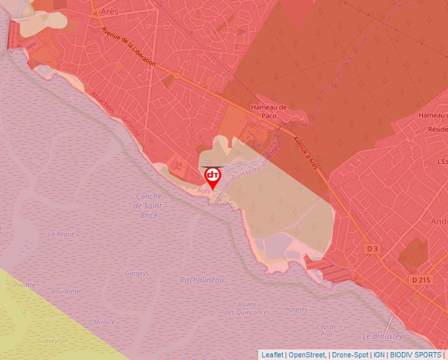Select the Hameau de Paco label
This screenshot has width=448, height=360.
[270, 111]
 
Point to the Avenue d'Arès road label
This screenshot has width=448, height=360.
[305, 153]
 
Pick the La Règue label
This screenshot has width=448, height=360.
[61, 234]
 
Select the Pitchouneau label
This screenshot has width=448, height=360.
[202, 280]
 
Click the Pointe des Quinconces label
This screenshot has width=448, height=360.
[247, 308]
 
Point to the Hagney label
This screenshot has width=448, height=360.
[297, 309]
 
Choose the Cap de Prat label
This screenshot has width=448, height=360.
[327, 330]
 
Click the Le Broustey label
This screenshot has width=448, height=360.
[382, 336]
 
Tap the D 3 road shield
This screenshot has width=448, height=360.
[373, 249]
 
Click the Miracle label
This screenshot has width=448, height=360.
[104, 322]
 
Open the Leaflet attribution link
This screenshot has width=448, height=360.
[272, 355]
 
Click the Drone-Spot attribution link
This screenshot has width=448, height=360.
[350, 355]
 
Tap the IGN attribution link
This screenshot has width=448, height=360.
[379, 355]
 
